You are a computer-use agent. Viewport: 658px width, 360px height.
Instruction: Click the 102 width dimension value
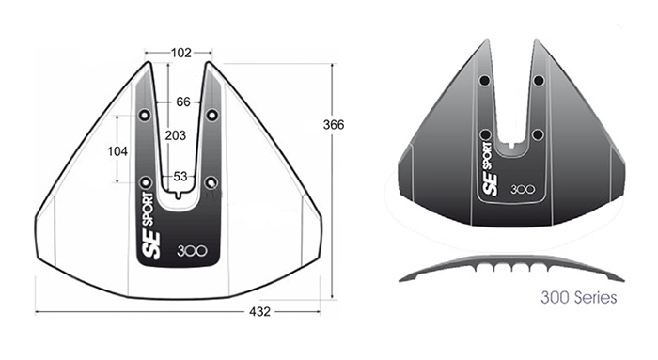click(180, 53)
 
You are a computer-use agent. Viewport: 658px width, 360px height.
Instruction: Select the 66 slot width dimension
click(183, 102)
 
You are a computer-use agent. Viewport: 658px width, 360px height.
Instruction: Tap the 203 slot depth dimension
click(176, 135)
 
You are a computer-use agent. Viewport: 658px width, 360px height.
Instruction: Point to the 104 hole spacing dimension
click(117, 151)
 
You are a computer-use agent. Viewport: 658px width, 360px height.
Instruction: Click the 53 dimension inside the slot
click(180, 177)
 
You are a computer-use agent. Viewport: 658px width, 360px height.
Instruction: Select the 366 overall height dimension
click(334, 125)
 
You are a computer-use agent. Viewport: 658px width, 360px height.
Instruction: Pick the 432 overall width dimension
click(259, 312)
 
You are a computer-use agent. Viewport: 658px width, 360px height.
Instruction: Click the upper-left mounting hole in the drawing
click(145, 115)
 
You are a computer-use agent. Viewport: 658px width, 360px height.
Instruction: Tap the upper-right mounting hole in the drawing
click(212, 115)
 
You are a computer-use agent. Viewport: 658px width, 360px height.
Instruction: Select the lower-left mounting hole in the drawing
click(145, 182)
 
